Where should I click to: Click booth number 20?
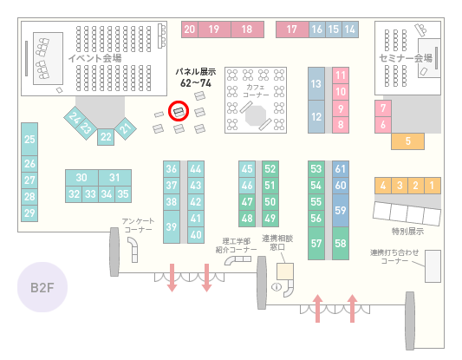click(x=190, y=29)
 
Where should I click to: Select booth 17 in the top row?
click(x=292, y=29)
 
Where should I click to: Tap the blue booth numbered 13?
click(x=316, y=84)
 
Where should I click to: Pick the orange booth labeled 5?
click(x=407, y=141)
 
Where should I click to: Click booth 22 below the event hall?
click(x=106, y=137)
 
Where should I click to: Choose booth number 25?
click(x=29, y=139)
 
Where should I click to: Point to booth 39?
click(x=172, y=226)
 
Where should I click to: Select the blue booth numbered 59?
click(x=341, y=210)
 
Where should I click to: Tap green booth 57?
click(x=316, y=243)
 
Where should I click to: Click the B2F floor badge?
click(x=42, y=287)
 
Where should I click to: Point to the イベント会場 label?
click(x=94, y=58)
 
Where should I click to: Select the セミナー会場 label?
click(x=406, y=58)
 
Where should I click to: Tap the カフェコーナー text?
click(x=256, y=91)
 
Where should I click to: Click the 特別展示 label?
click(x=407, y=232)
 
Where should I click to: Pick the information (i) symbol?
click(x=277, y=286)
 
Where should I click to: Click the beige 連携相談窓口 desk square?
click(x=285, y=272)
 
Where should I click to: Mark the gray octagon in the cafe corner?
click(x=256, y=115)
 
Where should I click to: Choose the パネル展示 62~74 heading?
click(x=196, y=77)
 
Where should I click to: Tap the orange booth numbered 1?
click(x=433, y=186)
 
